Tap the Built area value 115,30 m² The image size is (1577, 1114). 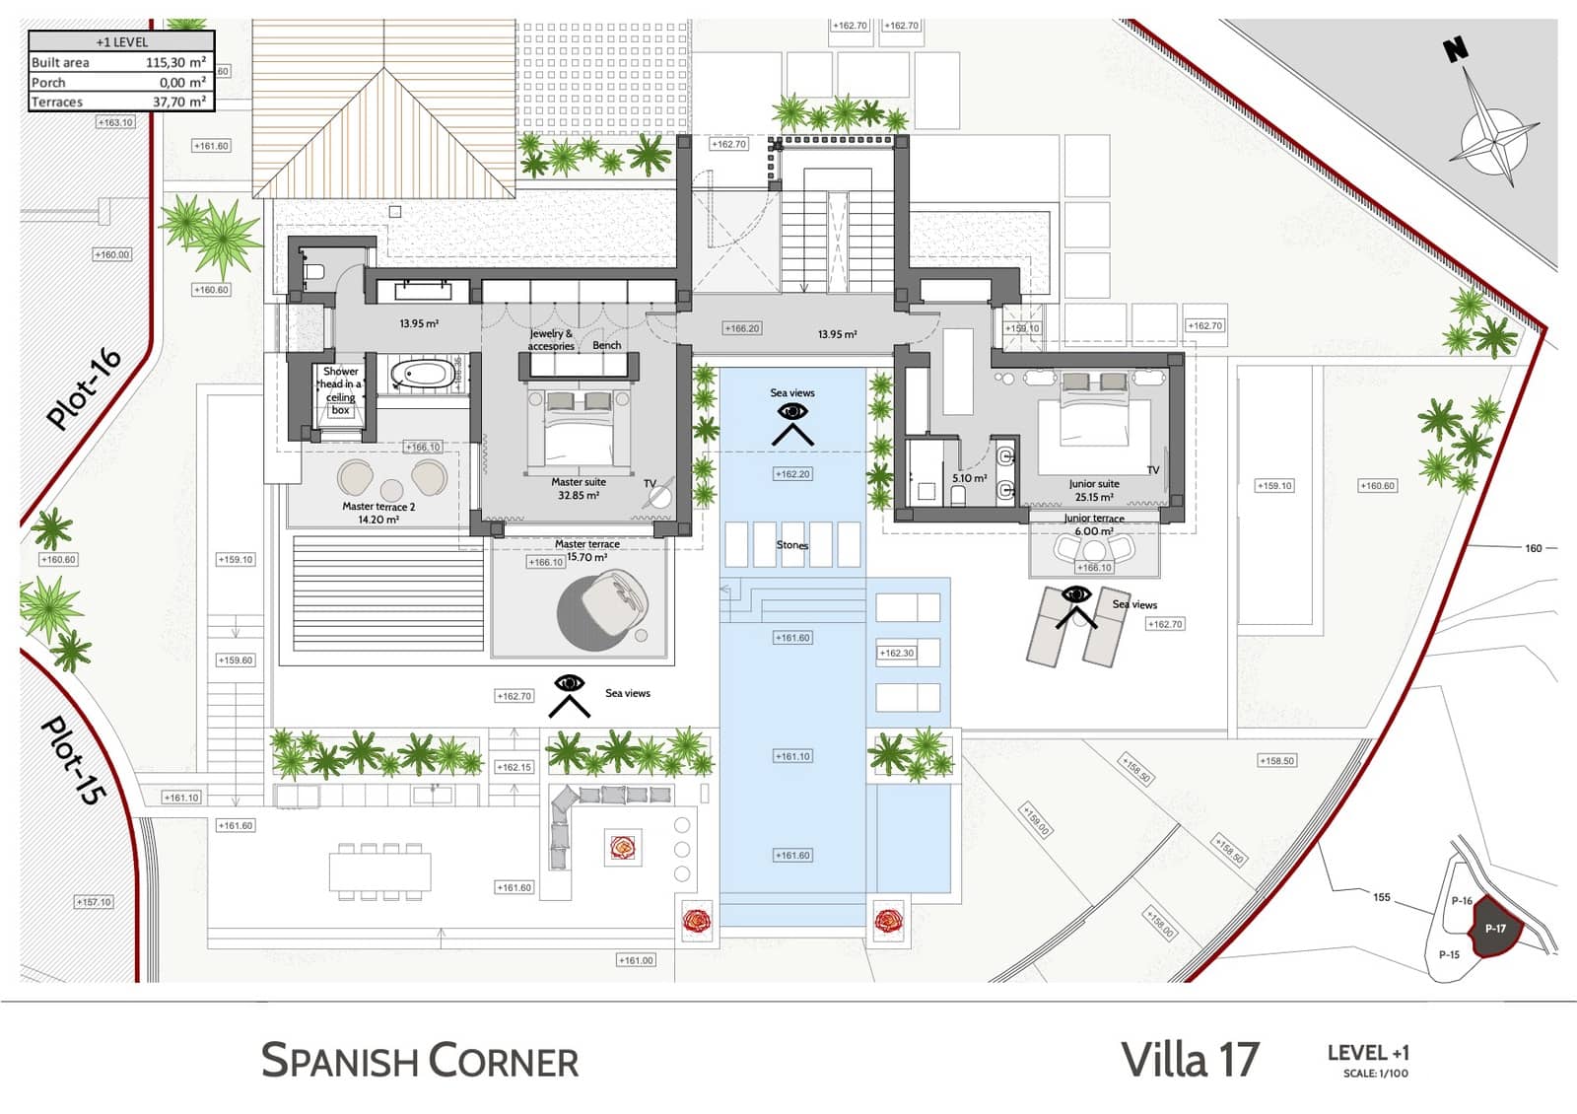[x=175, y=62]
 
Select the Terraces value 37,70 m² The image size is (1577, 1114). [x=178, y=102]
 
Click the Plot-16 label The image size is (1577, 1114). [x=84, y=388]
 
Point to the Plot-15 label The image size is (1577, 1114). [x=72, y=760]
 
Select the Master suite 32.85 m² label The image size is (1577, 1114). [x=579, y=489]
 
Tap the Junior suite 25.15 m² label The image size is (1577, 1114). [x=1094, y=490]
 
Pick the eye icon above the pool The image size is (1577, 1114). [x=792, y=412]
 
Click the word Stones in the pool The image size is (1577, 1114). [x=791, y=545]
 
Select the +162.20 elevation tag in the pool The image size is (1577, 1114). [x=792, y=474]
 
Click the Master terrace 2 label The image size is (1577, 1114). [x=378, y=513]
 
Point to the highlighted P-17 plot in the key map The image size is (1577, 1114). [x=1495, y=929]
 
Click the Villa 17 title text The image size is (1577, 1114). [x=1190, y=1060]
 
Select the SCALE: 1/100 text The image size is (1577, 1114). [x=1375, y=1074]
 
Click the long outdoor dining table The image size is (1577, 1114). [x=380, y=870]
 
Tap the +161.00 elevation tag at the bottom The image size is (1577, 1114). [x=636, y=960]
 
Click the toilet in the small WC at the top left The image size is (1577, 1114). [x=314, y=271]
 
